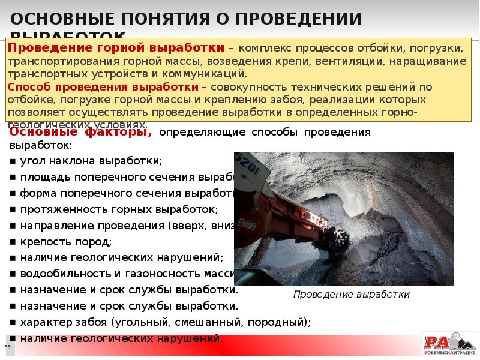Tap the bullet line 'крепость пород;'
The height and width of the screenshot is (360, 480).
pos(65,242)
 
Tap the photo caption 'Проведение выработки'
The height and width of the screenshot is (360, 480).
pos(351,295)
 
